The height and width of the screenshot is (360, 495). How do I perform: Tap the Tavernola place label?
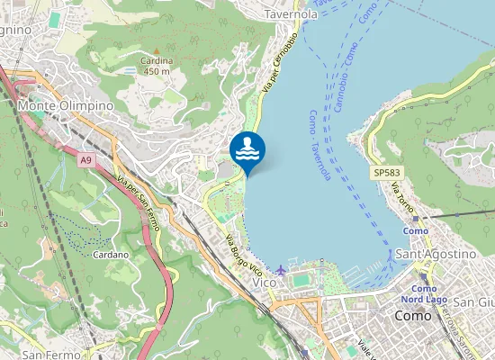click(x=291, y=14)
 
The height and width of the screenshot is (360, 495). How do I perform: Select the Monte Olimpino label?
click(x=66, y=105)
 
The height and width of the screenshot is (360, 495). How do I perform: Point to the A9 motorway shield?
click(x=85, y=160)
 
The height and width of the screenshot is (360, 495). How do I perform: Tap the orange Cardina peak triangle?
click(x=156, y=50)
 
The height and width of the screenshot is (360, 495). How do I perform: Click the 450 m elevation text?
click(x=156, y=71)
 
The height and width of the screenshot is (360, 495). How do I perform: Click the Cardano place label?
click(x=111, y=255)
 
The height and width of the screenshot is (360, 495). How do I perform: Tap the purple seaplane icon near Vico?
click(x=282, y=269)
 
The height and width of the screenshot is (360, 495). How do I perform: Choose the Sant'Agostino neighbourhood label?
click(x=436, y=254)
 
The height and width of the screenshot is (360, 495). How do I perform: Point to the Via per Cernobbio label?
click(x=280, y=63)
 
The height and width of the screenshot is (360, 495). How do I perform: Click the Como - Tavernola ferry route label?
click(x=319, y=145)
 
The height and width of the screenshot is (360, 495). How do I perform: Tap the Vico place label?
click(x=265, y=283)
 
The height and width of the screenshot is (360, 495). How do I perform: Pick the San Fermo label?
click(x=45, y=353)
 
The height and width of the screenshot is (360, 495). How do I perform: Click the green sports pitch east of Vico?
click(x=301, y=281)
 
